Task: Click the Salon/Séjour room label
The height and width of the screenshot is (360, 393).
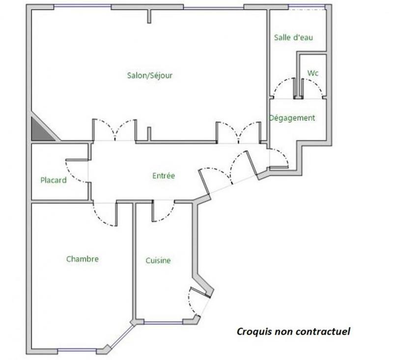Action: click(x=150, y=75)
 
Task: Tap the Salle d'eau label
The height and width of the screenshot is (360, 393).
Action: click(x=293, y=37)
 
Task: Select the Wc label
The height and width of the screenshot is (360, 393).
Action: click(x=313, y=73)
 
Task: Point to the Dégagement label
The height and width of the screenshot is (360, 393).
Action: click(x=292, y=118)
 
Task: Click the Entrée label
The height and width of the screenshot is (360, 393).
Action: click(x=164, y=175)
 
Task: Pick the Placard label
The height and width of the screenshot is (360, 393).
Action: click(x=54, y=180)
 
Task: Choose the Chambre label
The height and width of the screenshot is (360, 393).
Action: click(x=83, y=259)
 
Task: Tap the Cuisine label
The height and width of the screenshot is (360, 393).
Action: click(x=158, y=260)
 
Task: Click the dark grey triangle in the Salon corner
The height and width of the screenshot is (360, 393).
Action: click(x=41, y=131)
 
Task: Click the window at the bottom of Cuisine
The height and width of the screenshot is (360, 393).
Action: click(x=164, y=323)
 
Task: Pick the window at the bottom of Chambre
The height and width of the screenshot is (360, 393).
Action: click(x=77, y=351)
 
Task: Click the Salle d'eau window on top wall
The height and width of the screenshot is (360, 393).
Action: click(x=307, y=6)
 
